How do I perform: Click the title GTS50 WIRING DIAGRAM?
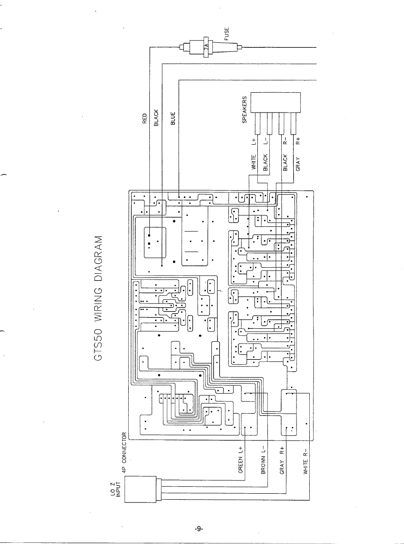98,298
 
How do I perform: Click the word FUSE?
226,34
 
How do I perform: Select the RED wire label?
145,118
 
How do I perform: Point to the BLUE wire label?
173,118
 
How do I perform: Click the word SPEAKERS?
245,110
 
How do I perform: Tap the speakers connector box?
275,102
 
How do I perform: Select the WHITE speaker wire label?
254,162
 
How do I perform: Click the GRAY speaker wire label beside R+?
298,164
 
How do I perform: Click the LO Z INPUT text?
116,490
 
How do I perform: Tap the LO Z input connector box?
140,490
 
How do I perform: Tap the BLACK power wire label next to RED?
156,118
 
